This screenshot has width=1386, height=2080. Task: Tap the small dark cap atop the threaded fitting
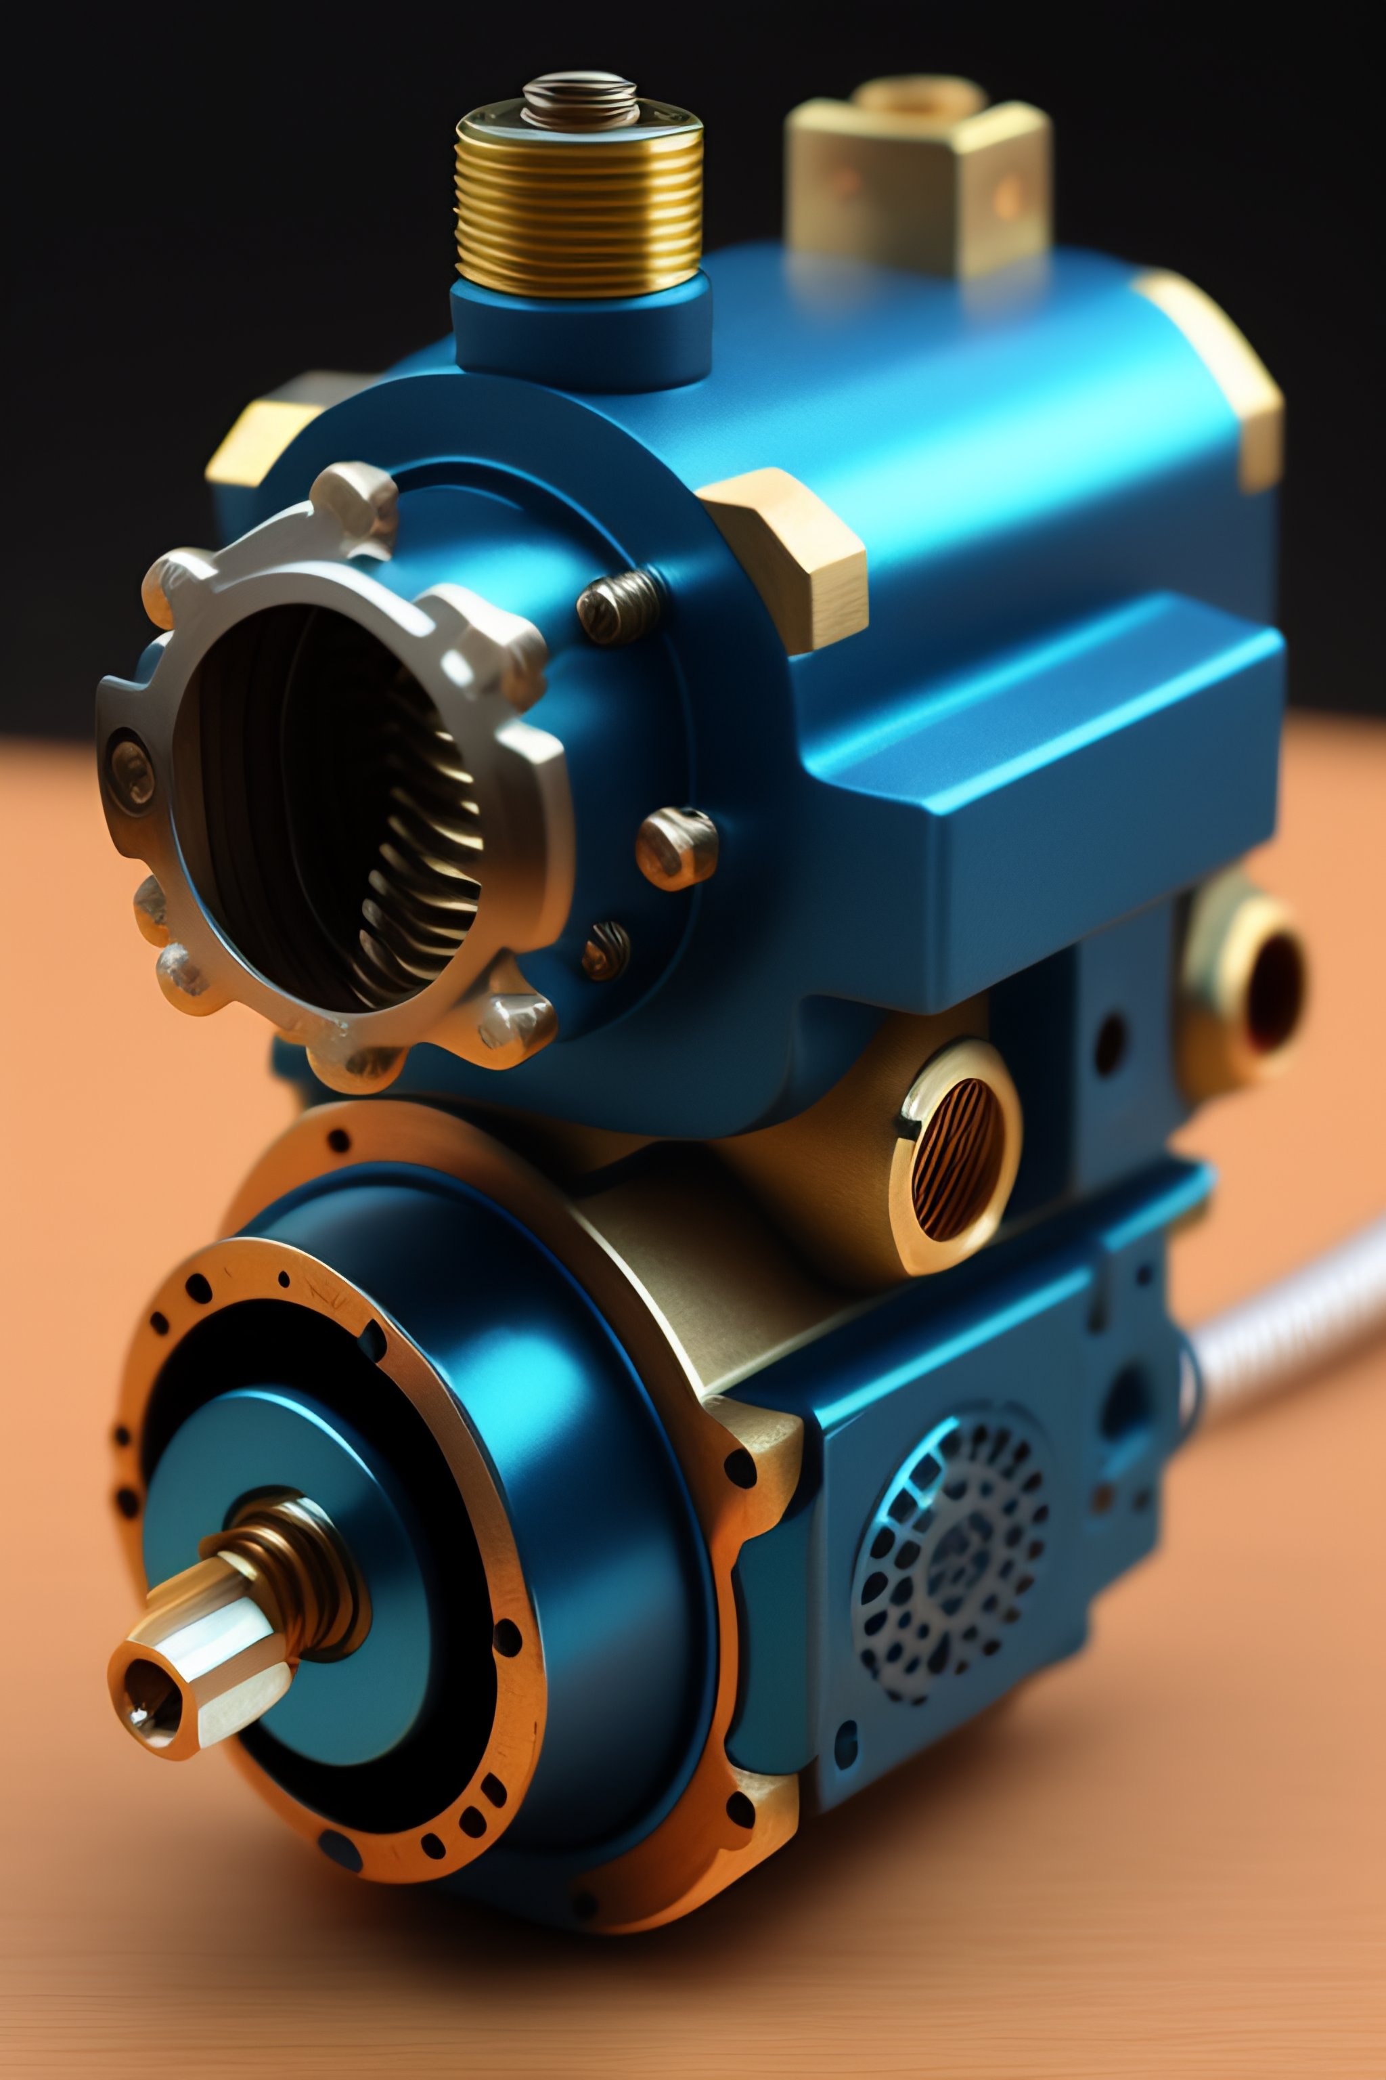click(580, 99)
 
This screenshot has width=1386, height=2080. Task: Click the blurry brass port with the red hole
click(1255, 991)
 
